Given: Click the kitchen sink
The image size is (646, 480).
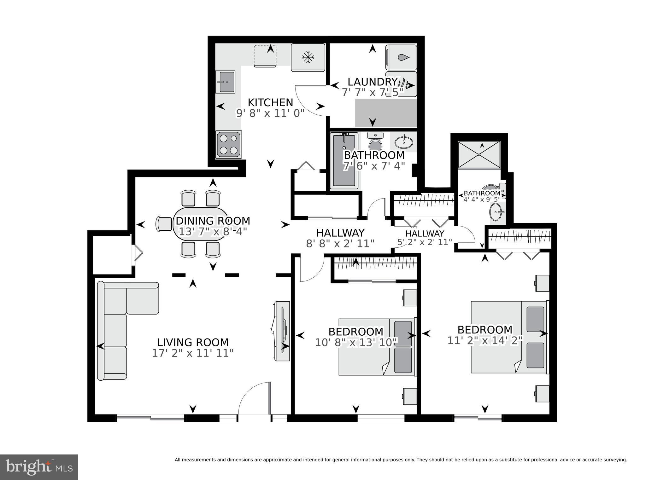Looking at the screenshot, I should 225,82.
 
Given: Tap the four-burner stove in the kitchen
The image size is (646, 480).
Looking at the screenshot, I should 229,144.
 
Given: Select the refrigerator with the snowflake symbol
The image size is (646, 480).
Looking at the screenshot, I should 308,57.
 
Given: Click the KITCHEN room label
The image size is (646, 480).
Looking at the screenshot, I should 270,102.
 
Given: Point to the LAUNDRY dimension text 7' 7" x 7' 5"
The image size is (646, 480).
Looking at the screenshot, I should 372,92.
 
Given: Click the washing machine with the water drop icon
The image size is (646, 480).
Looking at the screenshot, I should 401,57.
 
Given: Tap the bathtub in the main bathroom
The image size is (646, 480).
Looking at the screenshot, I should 344,161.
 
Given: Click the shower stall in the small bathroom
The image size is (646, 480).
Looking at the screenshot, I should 479,155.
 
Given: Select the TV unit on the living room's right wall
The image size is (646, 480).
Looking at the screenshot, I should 282,331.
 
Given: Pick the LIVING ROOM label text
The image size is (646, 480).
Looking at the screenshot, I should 193,342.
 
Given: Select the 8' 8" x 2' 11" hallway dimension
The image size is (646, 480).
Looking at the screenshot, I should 340,243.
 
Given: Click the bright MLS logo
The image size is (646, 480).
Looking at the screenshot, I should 39,467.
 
